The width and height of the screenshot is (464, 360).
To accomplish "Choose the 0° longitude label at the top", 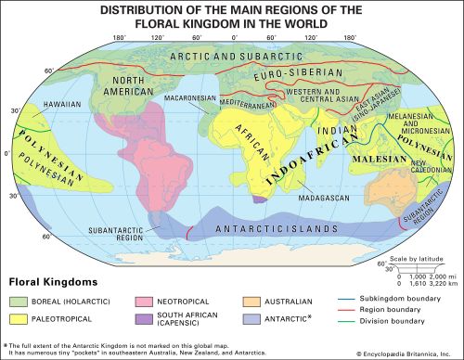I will (232, 40).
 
